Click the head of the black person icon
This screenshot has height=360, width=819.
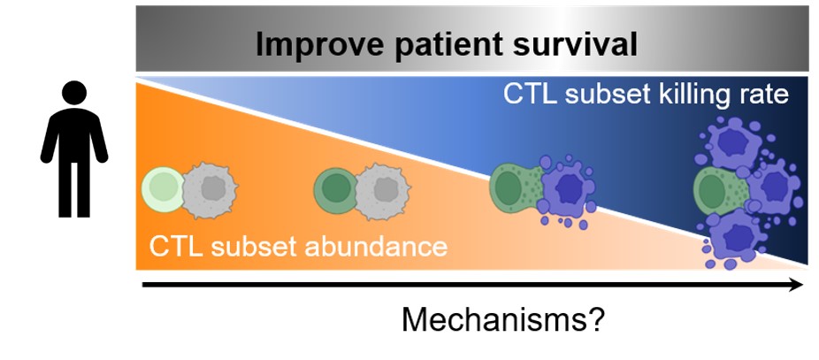[x=74, y=92]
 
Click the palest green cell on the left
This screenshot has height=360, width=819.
[x=162, y=188]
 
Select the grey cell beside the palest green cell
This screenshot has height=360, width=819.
[x=210, y=188]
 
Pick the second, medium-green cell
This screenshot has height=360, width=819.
[x=335, y=188]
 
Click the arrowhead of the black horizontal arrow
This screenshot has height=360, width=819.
[x=796, y=285]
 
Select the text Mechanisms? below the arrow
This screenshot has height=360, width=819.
[x=503, y=319]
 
